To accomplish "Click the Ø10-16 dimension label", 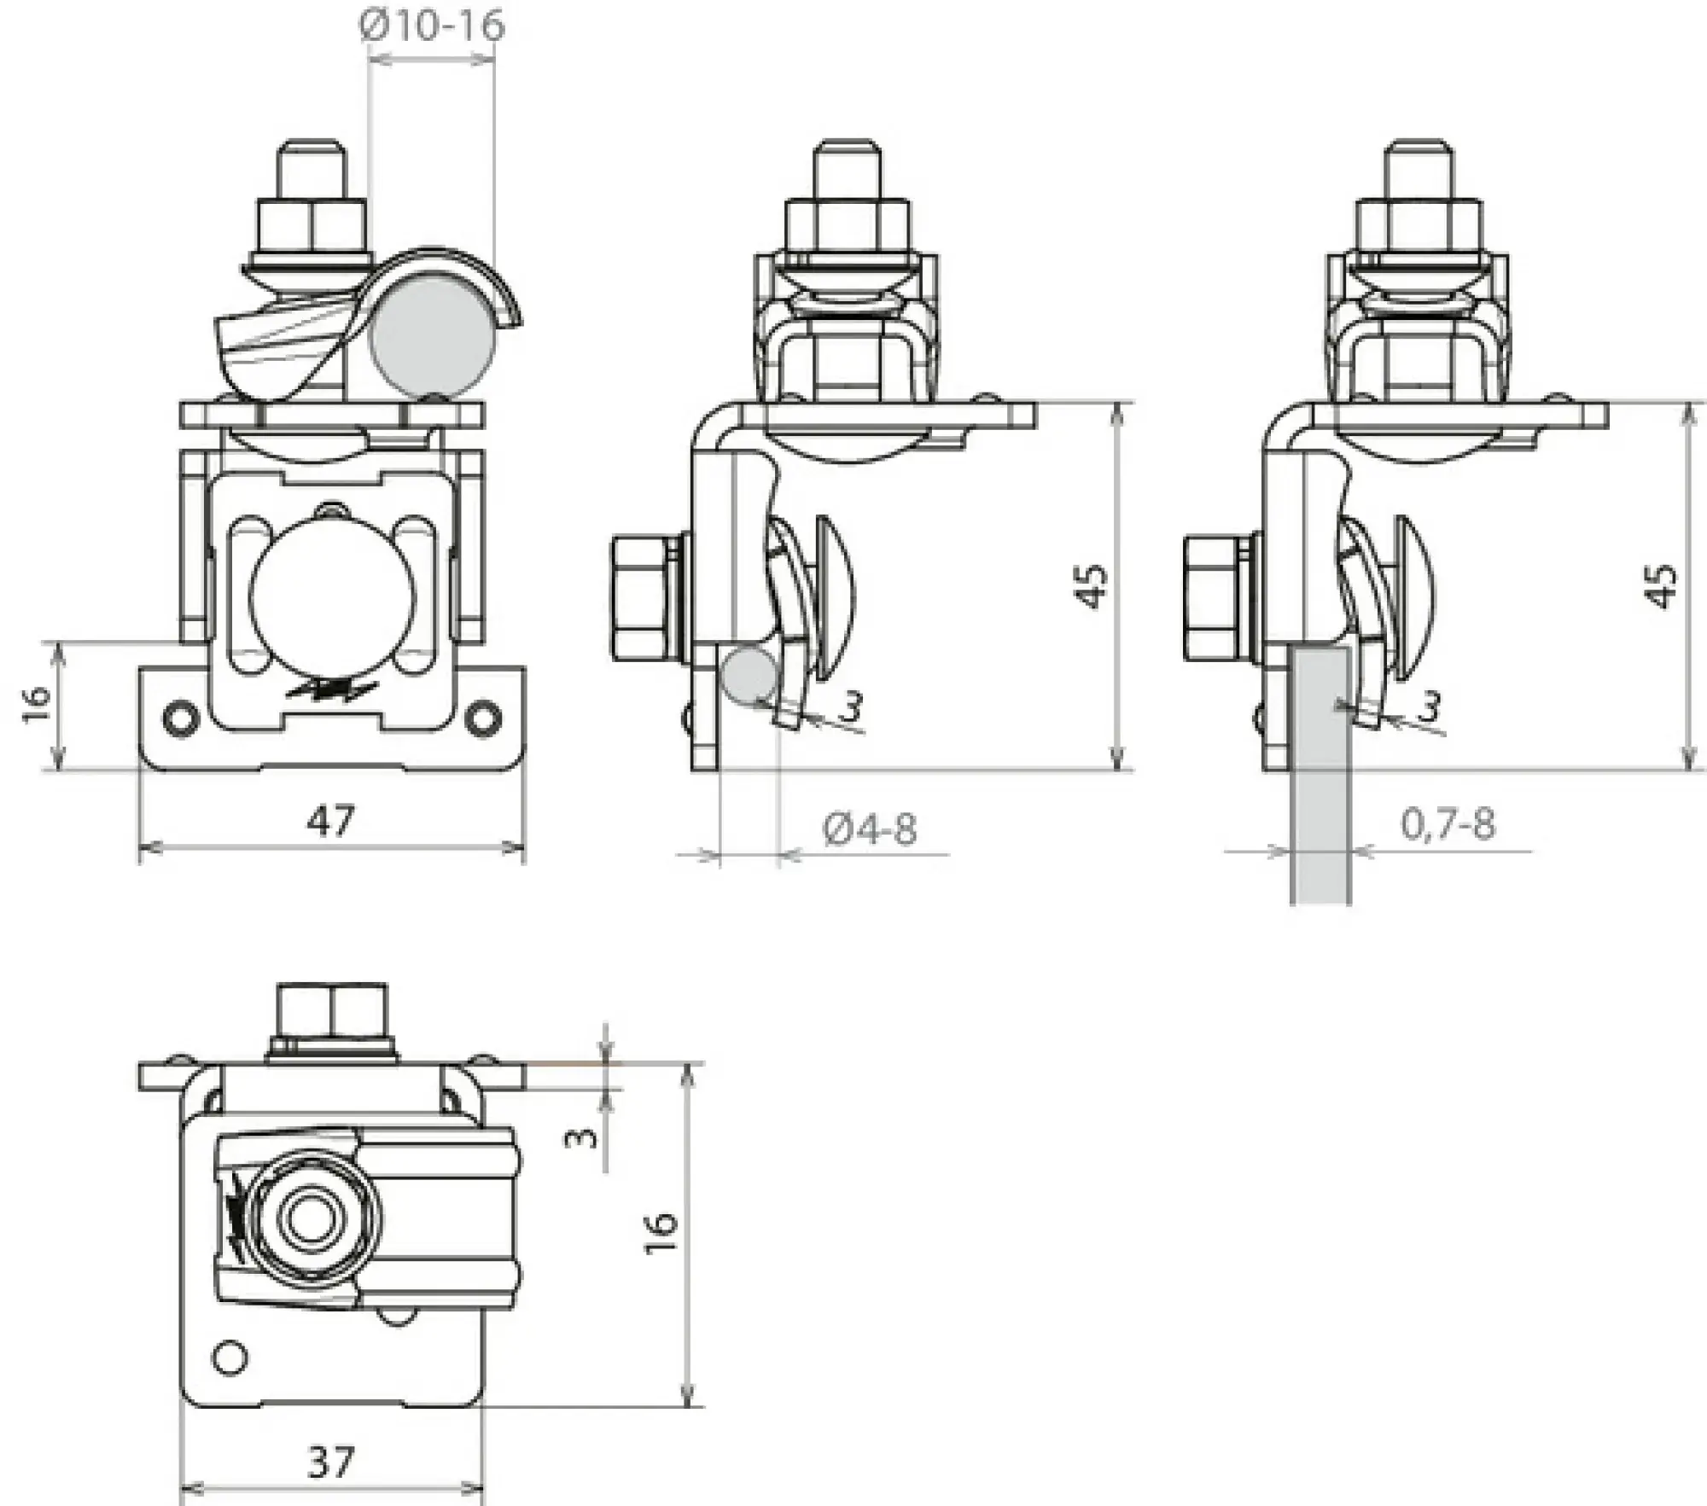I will point(432,26).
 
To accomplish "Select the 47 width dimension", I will point(331,821).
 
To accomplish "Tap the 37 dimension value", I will point(331,1462).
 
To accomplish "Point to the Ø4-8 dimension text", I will point(871,829).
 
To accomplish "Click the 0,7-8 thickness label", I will point(1448,824).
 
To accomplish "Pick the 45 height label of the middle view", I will point(1092,585).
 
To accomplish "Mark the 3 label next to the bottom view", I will point(584,1137).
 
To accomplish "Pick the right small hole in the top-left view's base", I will point(483,718).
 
